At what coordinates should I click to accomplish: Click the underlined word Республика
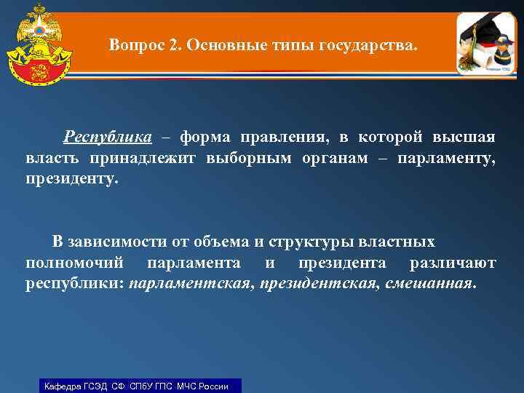tap(108, 138)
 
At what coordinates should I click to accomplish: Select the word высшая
tap(464, 138)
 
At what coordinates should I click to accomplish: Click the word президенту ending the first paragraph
tap(71, 179)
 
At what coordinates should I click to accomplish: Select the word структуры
tap(307, 242)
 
